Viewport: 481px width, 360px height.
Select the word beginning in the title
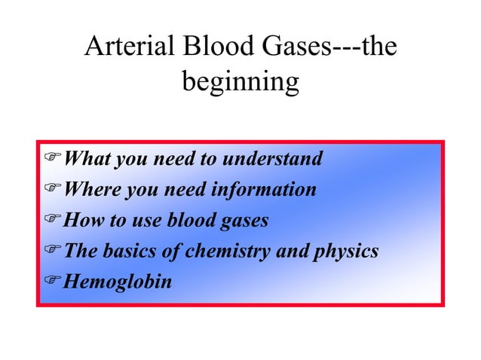pos(240,82)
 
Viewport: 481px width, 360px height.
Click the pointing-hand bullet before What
pos(52,159)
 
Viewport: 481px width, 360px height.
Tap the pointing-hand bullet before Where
pos(52,190)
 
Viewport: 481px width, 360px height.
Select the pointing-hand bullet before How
pos(52,221)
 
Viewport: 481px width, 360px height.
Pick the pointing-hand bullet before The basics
pos(52,252)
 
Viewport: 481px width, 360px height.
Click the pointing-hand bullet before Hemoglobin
pos(52,282)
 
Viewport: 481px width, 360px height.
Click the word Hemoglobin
pos(118,282)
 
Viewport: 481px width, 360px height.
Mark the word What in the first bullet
pos(84,159)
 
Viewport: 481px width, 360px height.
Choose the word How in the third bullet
pos(81,221)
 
